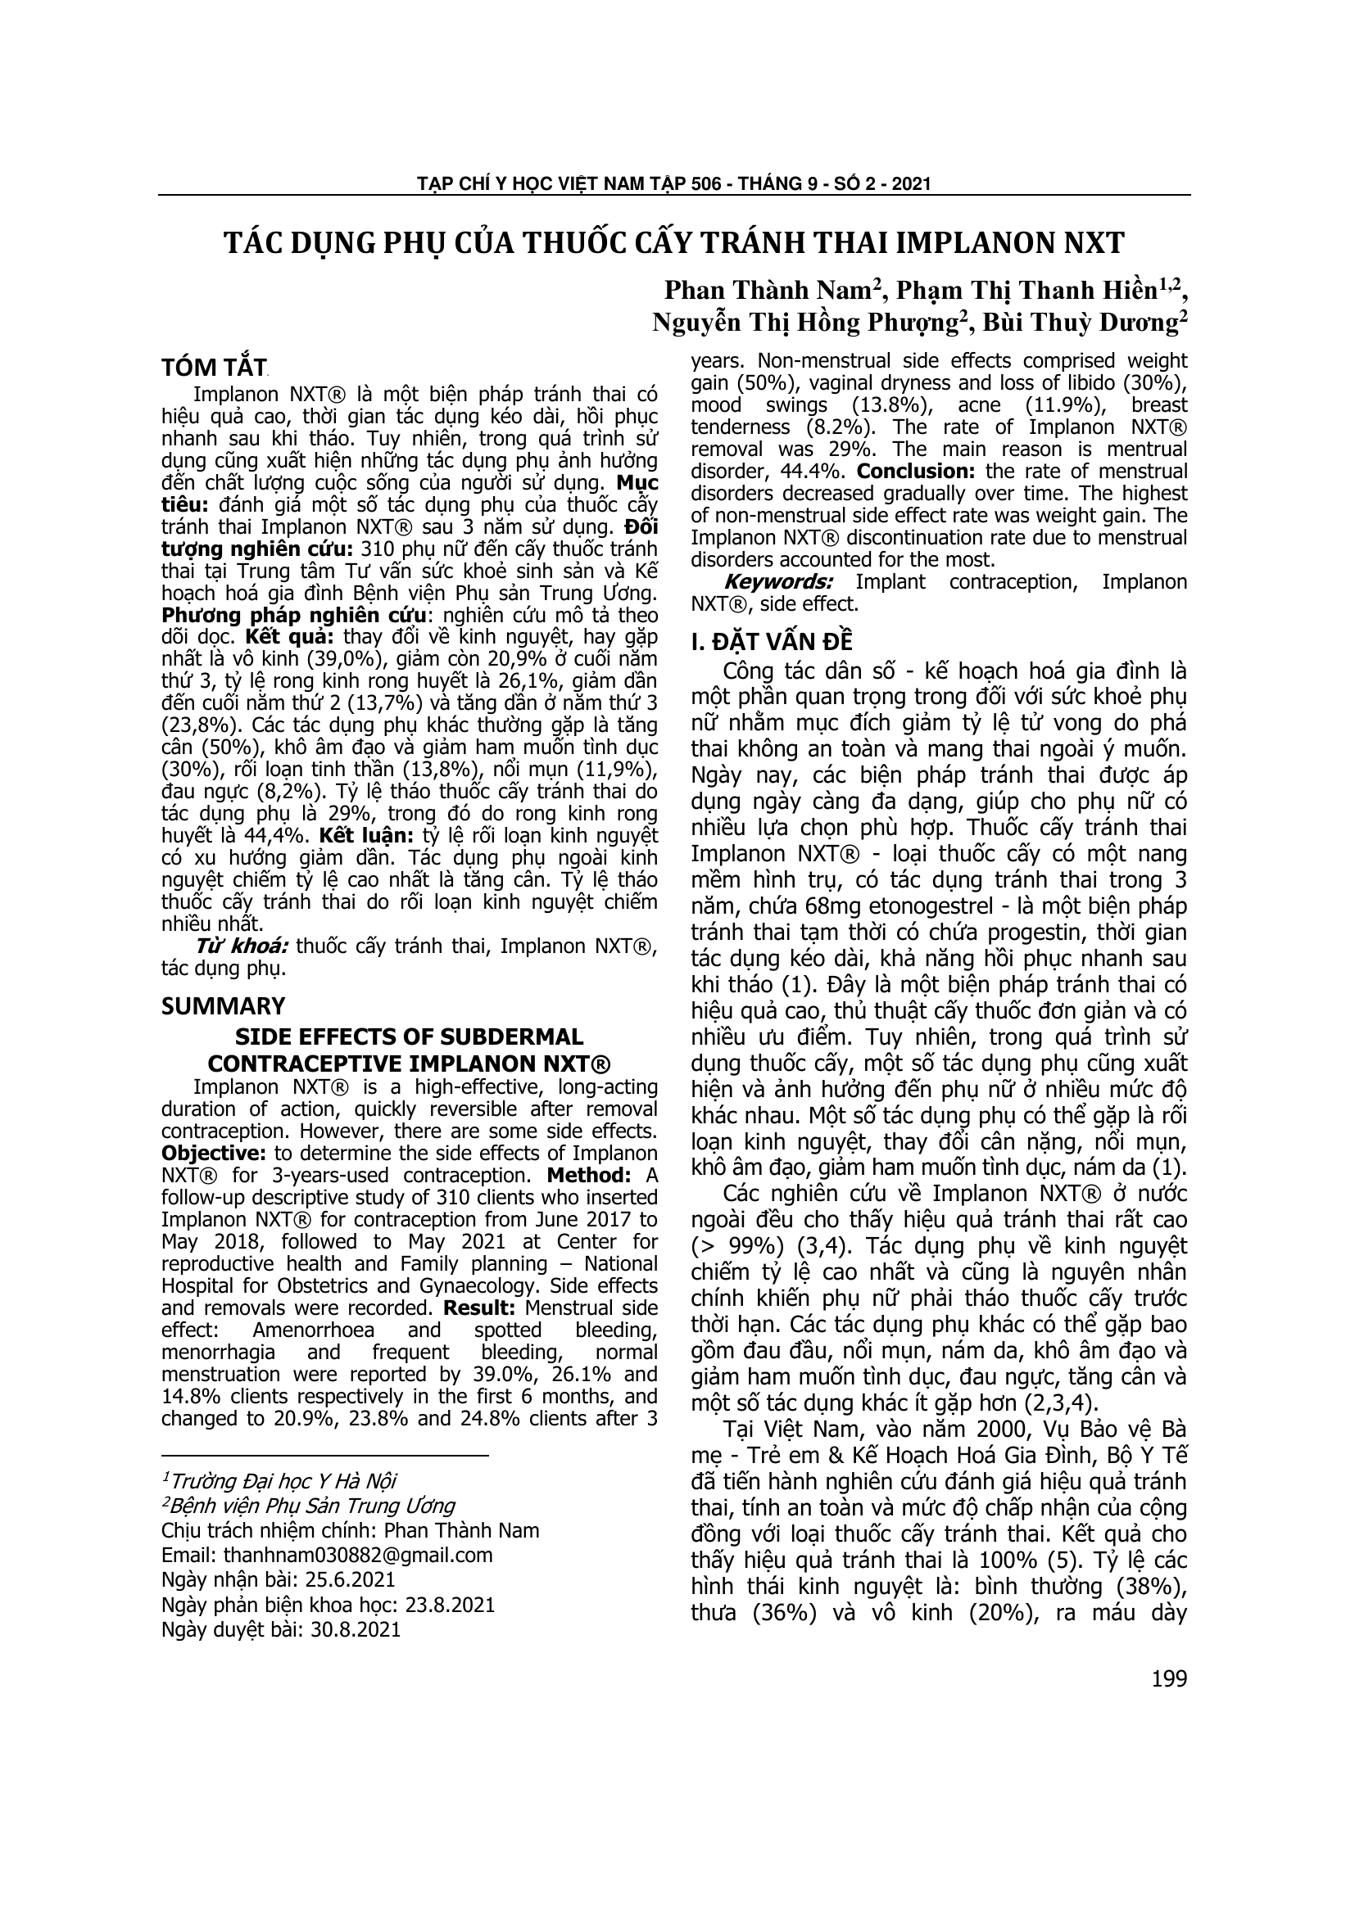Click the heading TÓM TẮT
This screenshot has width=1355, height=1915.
point(213,368)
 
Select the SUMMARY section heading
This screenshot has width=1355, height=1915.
point(223,1005)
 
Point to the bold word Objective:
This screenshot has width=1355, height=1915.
point(213,1154)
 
